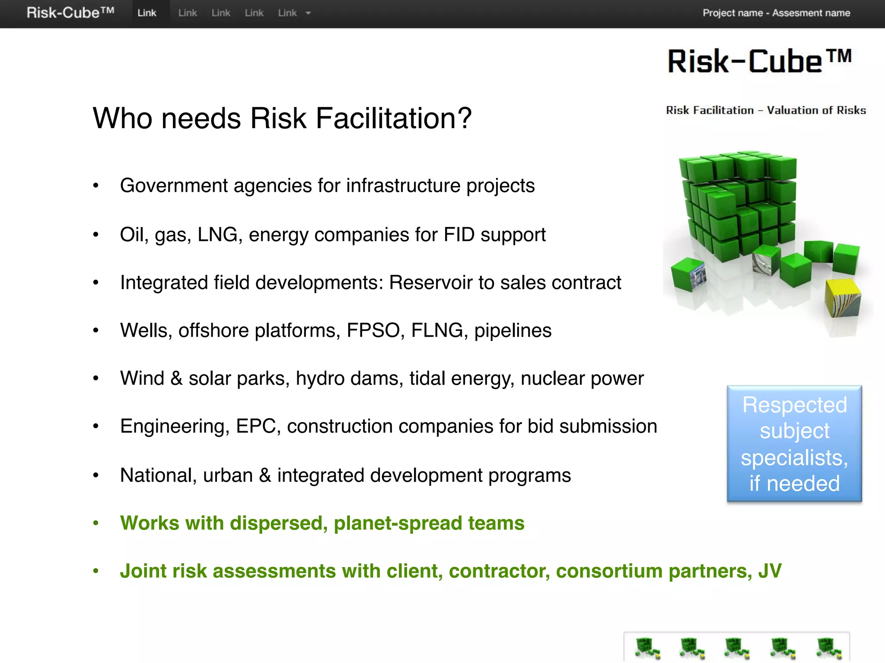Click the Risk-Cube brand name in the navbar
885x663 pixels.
click(x=70, y=13)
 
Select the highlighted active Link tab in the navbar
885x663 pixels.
click(x=147, y=13)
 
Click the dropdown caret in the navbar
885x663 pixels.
click(x=308, y=13)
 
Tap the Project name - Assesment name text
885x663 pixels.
click(x=776, y=13)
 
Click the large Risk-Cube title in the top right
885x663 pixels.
click(x=759, y=61)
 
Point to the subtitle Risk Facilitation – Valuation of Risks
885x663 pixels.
click(x=766, y=110)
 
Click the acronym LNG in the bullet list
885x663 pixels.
click(x=217, y=235)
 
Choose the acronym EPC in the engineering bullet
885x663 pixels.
click(x=258, y=426)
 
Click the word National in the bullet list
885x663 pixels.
click(x=158, y=475)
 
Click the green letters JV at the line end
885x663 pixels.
click(x=770, y=571)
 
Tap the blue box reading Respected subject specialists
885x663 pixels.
click(x=794, y=444)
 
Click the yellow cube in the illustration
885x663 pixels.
click(x=842, y=298)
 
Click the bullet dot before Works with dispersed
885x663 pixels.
click(x=96, y=524)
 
